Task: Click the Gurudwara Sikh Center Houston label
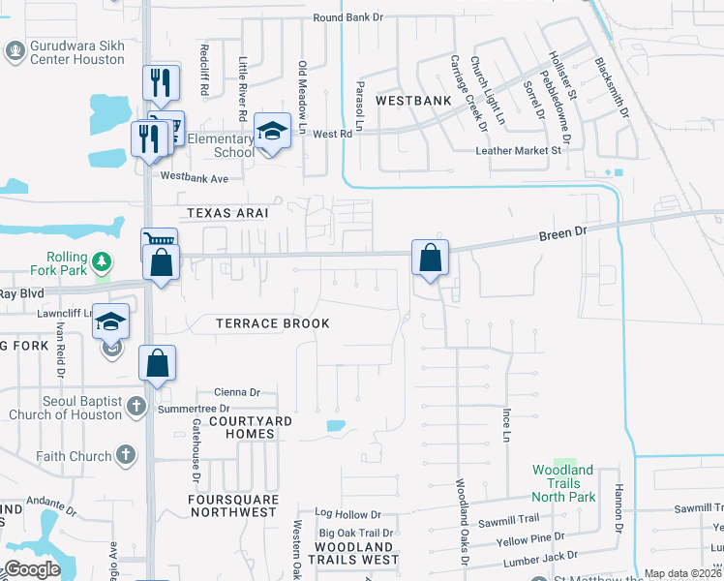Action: tap(77, 52)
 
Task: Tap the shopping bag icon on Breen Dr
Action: tap(430, 259)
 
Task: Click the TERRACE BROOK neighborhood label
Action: tap(272, 323)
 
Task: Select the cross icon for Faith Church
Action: tap(125, 454)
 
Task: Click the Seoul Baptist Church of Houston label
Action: tap(66, 408)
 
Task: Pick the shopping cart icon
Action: tap(161, 238)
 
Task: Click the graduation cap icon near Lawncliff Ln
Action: tap(111, 321)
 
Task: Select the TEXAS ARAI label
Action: tap(226, 212)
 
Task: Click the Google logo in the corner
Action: tap(32, 569)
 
